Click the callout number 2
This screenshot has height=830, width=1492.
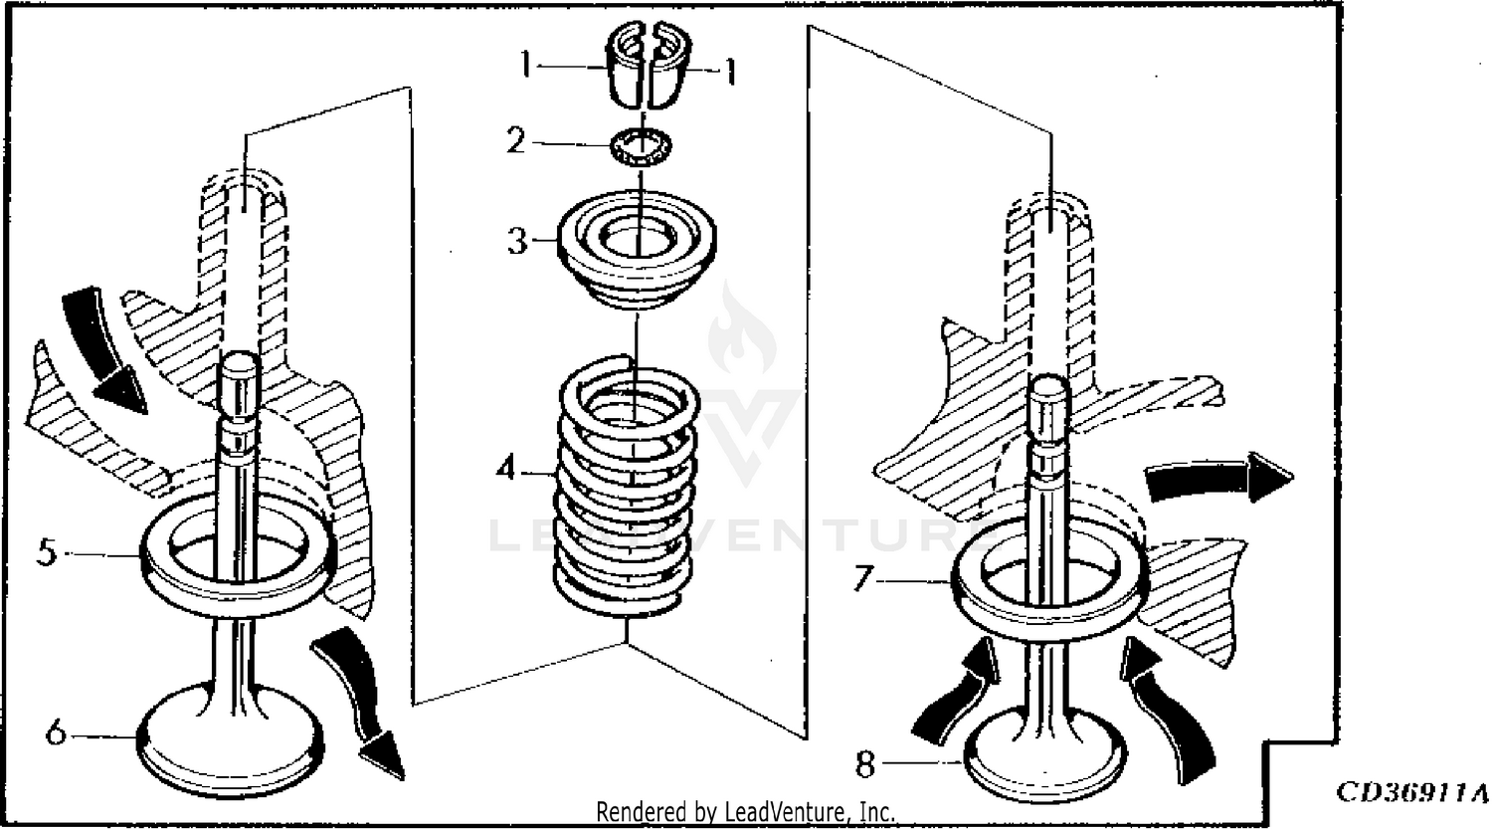[514, 141]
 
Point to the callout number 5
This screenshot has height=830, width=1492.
[47, 551]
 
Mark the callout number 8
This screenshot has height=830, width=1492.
[865, 764]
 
